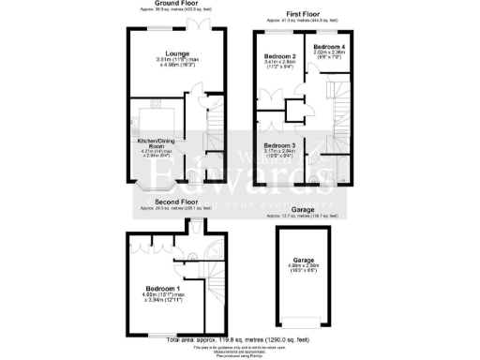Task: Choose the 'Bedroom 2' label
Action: pyautogui.click(x=278, y=58)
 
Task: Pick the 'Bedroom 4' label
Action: pyautogui.click(x=329, y=46)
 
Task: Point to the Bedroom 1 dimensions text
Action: pyautogui.click(x=163, y=300)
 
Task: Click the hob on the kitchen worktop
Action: pyautogui.click(x=144, y=118)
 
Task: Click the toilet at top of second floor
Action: pyautogui.click(x=195, y=226)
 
